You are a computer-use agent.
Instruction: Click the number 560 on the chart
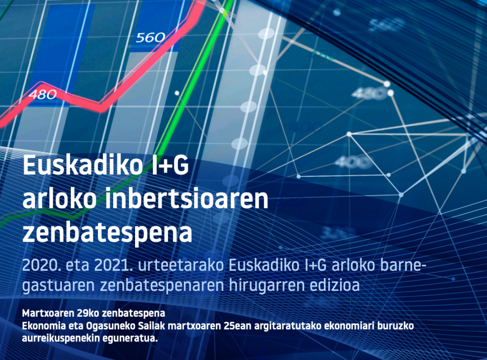point(150,38)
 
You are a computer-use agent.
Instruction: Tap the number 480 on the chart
point(42,94)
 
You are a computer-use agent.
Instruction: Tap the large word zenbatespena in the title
point(107,233)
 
